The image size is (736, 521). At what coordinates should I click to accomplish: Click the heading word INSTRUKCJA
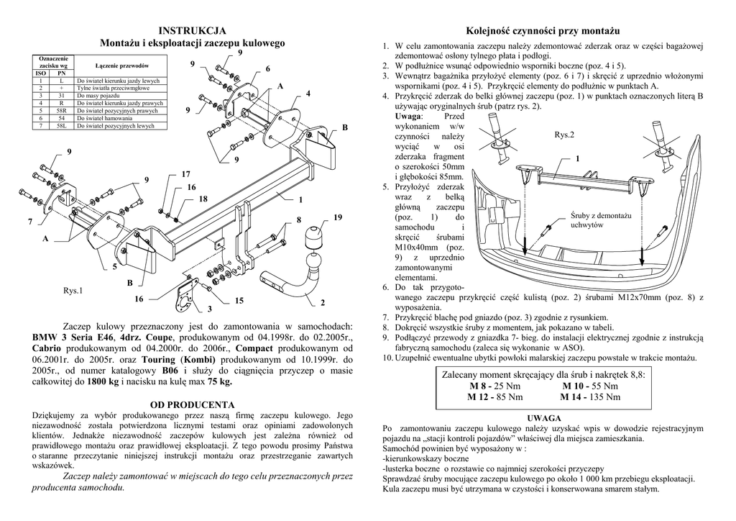tap(192, 30)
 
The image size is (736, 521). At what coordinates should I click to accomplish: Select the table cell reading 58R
tap(62, 112)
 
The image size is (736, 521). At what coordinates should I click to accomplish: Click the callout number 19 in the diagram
tap(338, 217)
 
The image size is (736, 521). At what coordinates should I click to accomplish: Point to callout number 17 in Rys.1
tap(185, 175)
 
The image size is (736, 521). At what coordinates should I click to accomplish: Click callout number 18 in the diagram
tap(203, 199)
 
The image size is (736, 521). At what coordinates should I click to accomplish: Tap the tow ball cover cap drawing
tap(314, 239)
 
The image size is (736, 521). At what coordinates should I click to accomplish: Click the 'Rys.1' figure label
tap(73, 291)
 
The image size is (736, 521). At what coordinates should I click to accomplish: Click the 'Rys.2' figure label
tap(564, 135)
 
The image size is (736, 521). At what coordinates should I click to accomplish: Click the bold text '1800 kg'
tap(103, 382)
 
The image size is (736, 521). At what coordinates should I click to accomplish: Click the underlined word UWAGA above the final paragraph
tap(543, 417)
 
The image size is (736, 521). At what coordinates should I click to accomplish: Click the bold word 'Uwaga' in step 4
tap(410, 117)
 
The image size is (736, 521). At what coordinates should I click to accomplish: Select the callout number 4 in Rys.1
tap(308, 94)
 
